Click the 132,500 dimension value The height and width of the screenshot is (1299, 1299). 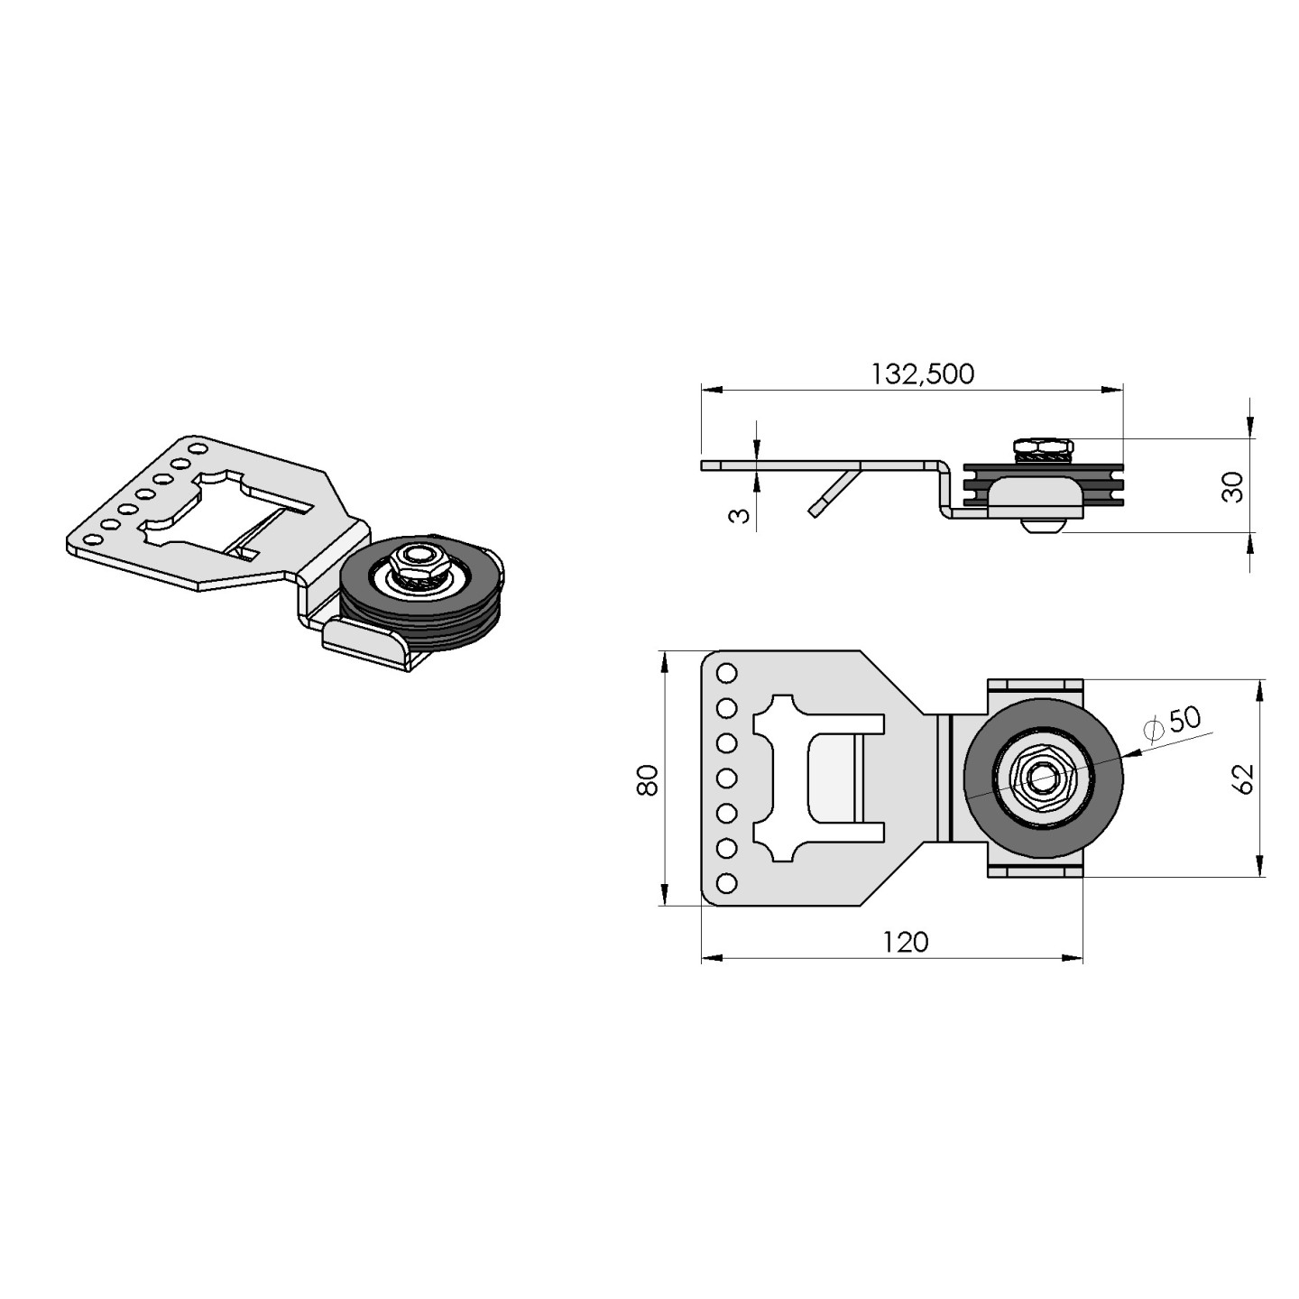pyautogui.click(x=922, y=373)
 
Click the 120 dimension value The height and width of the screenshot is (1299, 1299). pyautogui.click(x=905, y=942)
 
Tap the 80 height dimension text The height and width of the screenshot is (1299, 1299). pyautogui.click(x=647, y=778)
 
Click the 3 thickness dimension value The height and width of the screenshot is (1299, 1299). pyautogui.click(x=739, y=516)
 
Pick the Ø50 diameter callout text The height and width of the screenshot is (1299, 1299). pyautogui.click(x=1173, y=723)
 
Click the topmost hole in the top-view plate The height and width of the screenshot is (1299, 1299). pyautogui.click(x=726, y=673)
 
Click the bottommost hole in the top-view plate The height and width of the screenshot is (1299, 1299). pyautogui.click(x=726, y=882)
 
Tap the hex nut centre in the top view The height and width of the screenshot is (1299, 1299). pyautogui.click(x=1043, y=778)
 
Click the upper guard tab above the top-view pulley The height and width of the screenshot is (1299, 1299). pyautogui.click(x=1035, y=685)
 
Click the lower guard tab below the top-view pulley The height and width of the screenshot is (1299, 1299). pyautogui.click(x=1035, y=871)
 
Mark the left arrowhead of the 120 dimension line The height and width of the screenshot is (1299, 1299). pyautogui.click(x=709, y=957)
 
